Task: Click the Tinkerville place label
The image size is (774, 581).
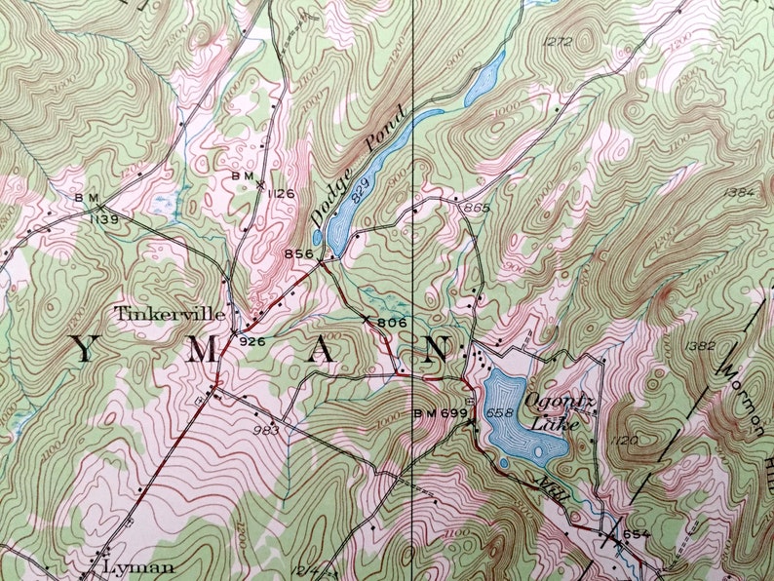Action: pos(170,314)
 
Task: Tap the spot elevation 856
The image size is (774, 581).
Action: pos(298,254)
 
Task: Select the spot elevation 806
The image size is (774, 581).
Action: pos(390,322)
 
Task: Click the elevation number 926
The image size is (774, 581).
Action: pos(252,340)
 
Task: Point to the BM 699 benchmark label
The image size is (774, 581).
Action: pos(439,412)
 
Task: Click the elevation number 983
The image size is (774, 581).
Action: pos(266,430)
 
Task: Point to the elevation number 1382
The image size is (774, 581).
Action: pos(701,346)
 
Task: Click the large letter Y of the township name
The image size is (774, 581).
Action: pos(85,353)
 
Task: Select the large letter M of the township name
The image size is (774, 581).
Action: pos(201,353)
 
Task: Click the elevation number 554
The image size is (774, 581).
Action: pos(636,533)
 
